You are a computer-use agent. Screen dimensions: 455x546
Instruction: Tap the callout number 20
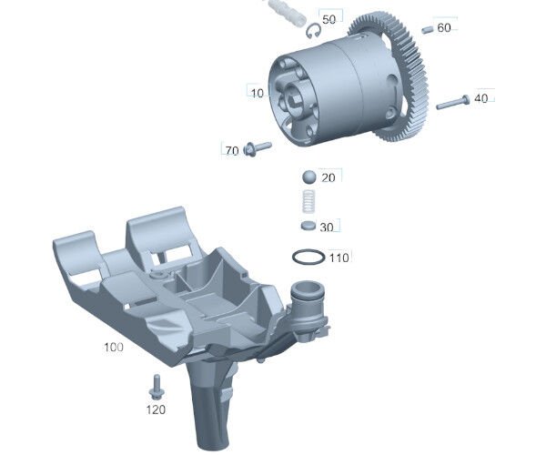pyautogui.click(x=329, y=178)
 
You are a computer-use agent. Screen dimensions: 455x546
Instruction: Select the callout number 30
pyautogui.click(x=327, y=227)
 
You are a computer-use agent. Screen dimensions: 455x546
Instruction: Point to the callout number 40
pyautogui.click(x=480, y=98)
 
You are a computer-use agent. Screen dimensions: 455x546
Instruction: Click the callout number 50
pyautogui.click(x=329, y=19)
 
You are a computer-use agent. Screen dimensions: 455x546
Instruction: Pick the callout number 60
pyautogui.click(x=444, y=28)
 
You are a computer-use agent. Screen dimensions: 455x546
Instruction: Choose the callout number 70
pyautogui.click(x=231, y=149)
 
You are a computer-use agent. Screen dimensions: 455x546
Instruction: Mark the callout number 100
pyautogui.click(x=113, y=348)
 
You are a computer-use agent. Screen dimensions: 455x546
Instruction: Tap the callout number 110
pyautogui.click(x=339, y=258)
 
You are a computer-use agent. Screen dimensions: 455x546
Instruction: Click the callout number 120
pyautogui.click(x=157, y=409)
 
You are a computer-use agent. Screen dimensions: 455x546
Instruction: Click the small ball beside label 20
pyautogui.click(x=308, y=177)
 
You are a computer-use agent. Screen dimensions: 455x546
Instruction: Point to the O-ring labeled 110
pyautogui.click(x=308, y=258)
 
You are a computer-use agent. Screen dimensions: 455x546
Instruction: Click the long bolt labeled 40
pyautogui.click(x=452, y=103)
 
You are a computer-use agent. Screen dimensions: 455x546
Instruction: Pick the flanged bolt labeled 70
pyautogui.click(x=257, y=147)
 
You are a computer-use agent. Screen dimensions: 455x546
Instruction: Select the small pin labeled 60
pyautogui.click(x=426, y=28)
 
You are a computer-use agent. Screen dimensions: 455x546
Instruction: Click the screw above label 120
pyautogui.click(x=155, y=386)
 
